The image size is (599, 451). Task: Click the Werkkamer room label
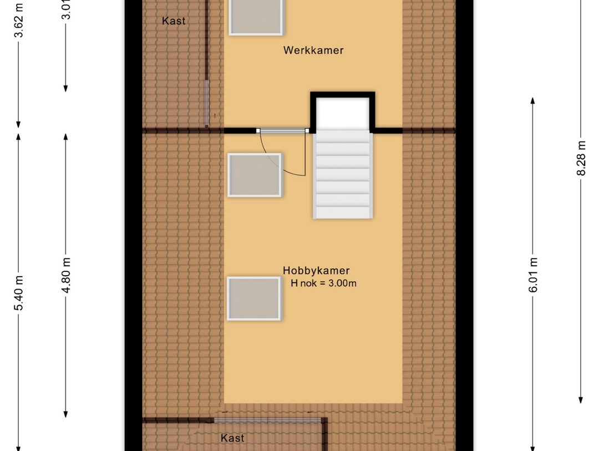(313, 50)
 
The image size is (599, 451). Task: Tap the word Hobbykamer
(316, 271)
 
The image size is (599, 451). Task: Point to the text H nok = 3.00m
(323, 283)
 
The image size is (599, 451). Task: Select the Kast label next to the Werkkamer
(174, 21)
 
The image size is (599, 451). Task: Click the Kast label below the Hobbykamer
(232, 438)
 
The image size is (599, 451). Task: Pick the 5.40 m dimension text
(19, 292)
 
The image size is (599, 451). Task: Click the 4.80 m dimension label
(66, 276)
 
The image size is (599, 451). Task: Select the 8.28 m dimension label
(581, 159)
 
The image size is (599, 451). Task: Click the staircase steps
(342, 175)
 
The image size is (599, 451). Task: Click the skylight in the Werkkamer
(256, 17)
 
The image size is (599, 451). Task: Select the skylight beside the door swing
(255, 175)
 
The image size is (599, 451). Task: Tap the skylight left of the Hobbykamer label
(254, 298)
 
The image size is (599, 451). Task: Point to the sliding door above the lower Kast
(267, 420)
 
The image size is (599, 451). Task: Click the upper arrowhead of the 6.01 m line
(533, 101)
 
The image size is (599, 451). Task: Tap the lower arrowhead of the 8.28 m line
(581, 400)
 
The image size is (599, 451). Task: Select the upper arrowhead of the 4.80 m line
(66, 136)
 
